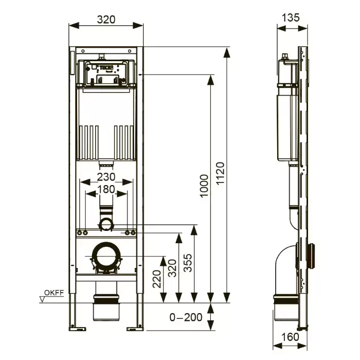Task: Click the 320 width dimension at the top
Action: point(105,20)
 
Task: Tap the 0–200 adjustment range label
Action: point(186,317)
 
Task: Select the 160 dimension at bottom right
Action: point(290,337)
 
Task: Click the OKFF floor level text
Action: point(53,293)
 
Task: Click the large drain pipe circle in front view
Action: point(106,255)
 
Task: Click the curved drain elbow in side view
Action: point(284,265)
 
